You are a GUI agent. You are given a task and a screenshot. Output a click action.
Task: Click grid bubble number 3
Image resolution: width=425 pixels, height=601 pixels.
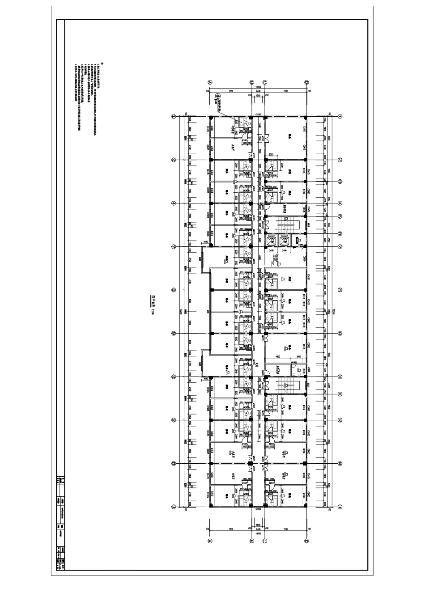(x=340, y=182)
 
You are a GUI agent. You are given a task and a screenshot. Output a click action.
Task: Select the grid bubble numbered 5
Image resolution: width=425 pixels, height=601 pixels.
(x=340, y=216)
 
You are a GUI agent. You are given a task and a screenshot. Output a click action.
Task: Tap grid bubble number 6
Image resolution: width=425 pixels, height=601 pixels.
(x=340, y=233)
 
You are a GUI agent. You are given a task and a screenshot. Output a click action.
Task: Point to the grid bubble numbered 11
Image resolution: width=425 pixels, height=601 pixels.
(x=340, y=394)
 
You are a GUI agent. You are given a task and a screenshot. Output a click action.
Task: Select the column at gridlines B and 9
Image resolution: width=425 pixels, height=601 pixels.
(x=252, y=333)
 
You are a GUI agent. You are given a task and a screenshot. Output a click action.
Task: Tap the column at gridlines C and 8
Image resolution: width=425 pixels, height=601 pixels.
(x=265, y=290)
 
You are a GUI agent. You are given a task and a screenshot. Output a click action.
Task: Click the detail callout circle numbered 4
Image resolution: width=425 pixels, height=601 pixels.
(x=218, y=96)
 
